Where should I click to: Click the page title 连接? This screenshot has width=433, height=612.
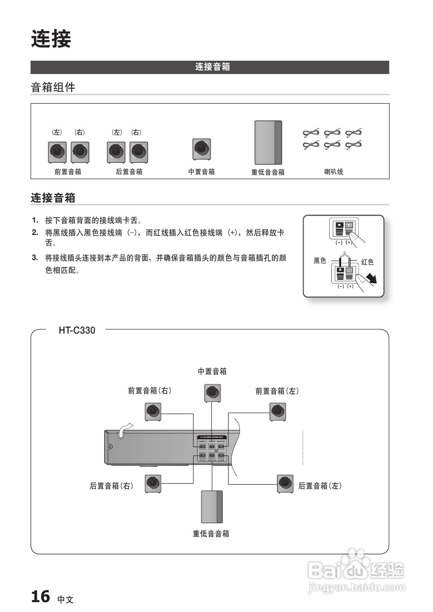(x=51, y=39)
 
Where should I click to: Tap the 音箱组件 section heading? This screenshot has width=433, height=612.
(x=53, y=88)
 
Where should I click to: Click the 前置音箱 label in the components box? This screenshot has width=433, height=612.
(x=68, y=172)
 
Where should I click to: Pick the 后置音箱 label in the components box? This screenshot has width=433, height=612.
(x=129, y=172)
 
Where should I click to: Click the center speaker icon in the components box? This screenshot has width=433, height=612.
(x=201, y=149)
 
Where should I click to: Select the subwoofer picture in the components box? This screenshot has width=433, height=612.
(x=268, y=143)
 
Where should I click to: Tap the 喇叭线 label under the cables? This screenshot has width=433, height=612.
(x=333, y=172)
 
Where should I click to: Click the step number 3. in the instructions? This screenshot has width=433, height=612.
(x=35, y=257)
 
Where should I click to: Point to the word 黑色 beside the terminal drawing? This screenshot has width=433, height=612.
(x=320, y=261)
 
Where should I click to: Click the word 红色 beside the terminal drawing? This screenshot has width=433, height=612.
(x=367, y=262)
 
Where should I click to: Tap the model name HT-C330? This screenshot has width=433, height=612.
(x=77, y=331)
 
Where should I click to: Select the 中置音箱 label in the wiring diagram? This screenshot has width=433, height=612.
(x=212, y=371)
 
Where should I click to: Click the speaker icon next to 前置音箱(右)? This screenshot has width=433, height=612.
(x=153, y=412)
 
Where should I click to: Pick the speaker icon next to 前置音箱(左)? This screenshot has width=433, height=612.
(x=277, y=412)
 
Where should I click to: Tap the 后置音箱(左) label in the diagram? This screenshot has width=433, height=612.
(x=320, y=486)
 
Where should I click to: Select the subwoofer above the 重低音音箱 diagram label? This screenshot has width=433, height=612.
(x=212, y=507)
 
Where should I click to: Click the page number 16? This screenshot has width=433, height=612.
(x=40, y=597)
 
